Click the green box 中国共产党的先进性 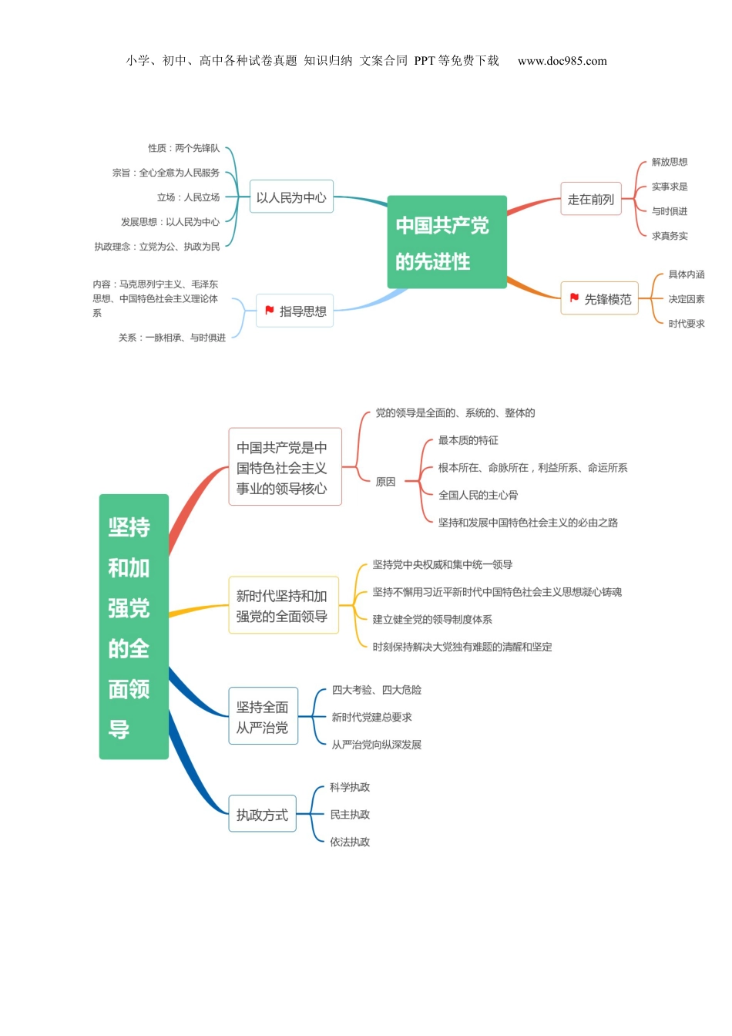pyautogui.click(x=447, y=242)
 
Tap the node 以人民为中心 pyautogui.click(x=291, y=197)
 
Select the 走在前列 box pyautogui.click(x=590, y=200)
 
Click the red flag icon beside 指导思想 pyautogui.click(x=270, y=310)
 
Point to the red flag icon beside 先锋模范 pyautogui.click(x=574, y=298)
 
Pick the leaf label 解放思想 pyautogui.click(x=669, y=162)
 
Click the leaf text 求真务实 pyautogui.click(x=669, y=236)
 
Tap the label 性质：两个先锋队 pyautogui.click(x=183, y=148)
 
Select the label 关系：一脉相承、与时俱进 pyautogui.click(x=172, y=338)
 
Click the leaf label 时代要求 pyautogui.click(x=686, y=324)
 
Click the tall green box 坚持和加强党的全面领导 pyautogui.click(x=134, y=627)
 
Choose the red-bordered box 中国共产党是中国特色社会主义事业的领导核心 pyautogui.click(x=285, y=467)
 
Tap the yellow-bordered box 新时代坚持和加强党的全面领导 pyautogui.click(x=284, y=606)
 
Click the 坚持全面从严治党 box pyautogui.click(x=263, y=717)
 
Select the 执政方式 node pyautogui.click(x=262, y=815)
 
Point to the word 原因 pyautogui.click(x=385, y=482)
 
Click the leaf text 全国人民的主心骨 pyautogui.click(x=478, y=495)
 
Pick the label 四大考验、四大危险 pyautogui.click(x=376, y=690)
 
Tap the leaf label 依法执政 pyautogui.click(x=350, y=842)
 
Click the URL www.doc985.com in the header pyautogui.click(x=562, y=61)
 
